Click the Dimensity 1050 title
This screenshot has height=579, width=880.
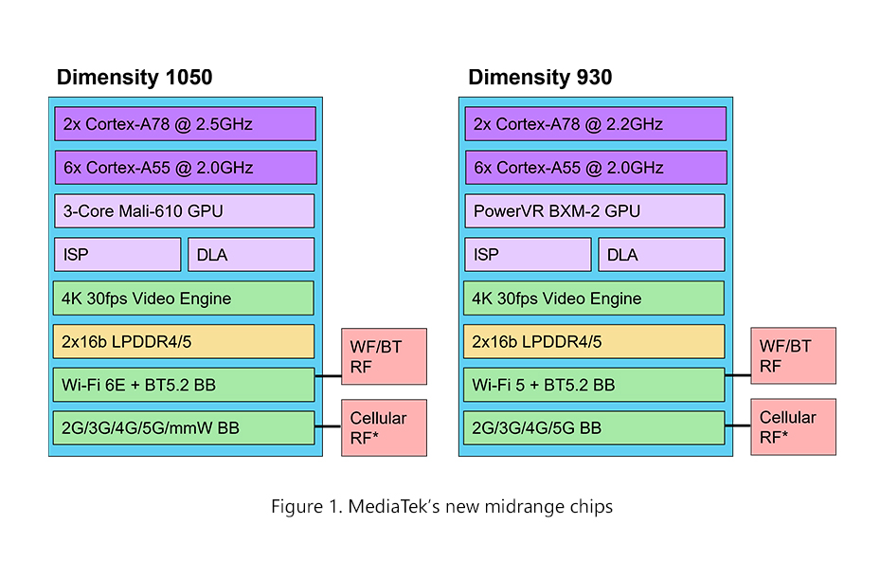(135, 78)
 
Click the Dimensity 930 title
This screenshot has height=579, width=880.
(540, 78)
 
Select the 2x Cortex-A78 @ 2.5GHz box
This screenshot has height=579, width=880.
(185, 124)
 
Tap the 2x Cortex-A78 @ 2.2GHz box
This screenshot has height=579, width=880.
(595, 124)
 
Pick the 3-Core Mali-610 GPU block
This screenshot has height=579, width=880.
(185, 211)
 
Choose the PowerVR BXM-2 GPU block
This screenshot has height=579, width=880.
(595, 211)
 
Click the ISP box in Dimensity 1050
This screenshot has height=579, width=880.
(117, 255)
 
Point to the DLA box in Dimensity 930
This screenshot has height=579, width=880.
(661, 255)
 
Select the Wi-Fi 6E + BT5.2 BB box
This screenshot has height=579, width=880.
(185, 385)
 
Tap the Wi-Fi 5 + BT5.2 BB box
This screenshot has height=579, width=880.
(595, 385)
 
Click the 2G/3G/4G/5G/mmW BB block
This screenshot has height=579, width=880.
(185, 428)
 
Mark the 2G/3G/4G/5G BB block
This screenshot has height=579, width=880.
(595, 428)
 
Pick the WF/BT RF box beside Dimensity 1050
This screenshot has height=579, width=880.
(384, 356)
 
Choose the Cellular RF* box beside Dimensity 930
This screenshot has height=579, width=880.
(794, 427)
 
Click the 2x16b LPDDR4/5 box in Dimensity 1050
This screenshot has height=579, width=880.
(185, 342)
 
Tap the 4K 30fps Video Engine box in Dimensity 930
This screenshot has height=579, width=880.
(595, 299)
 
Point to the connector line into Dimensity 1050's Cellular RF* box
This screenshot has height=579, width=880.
(328, 427)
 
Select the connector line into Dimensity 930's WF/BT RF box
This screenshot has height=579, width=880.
(738, 375)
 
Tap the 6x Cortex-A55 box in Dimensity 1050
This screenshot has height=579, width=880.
(185, 168)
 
